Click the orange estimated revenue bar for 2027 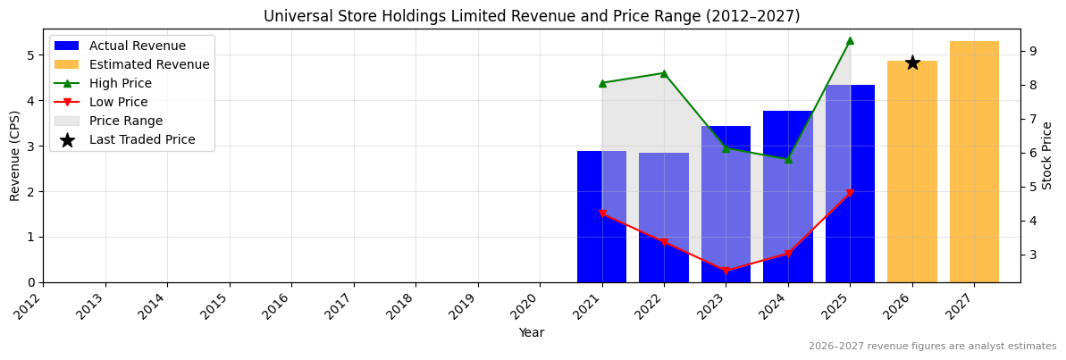click(974, 162)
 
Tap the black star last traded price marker click(912, 63)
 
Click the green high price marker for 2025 click(850, 40)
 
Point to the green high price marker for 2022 click(664, 73)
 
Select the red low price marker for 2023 click(726, 271)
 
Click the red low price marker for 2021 click(602, 214)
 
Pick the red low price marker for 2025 click(850, 193)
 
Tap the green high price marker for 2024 click(788, 159)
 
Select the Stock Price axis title click(1047, 155)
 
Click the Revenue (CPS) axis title click(15, 155)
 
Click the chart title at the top click(532, 16)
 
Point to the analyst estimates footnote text click(932, 347)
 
